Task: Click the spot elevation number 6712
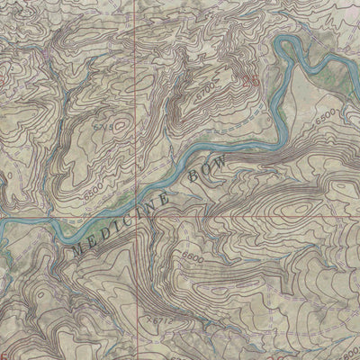click(162, 319)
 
